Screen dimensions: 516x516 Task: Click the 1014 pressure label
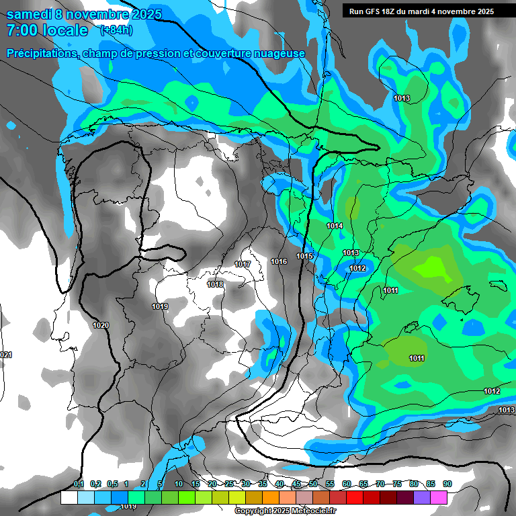coord(335,226)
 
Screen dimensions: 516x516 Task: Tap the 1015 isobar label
coord(305,256)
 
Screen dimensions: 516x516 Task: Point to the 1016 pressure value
coord(279,261)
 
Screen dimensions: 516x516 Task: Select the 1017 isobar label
coord(243,265)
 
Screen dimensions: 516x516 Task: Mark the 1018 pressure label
coord(215,285)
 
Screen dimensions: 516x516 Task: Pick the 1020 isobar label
coord(101,325)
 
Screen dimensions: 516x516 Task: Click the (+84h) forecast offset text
coord(116,30)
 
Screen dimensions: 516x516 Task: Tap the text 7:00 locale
coord(47,30)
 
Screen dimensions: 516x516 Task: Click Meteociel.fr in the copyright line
coord(313,511)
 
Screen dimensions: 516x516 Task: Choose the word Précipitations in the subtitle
coord(42,53)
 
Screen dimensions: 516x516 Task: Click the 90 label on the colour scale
coord(447,484)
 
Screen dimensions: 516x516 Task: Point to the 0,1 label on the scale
coord(79,484)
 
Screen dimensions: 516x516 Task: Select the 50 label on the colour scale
coord(313,484)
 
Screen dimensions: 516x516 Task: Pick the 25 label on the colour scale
coord(229,484)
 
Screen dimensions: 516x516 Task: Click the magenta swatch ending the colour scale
coord(439,497)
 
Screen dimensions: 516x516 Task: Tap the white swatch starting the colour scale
coord(69,497)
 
